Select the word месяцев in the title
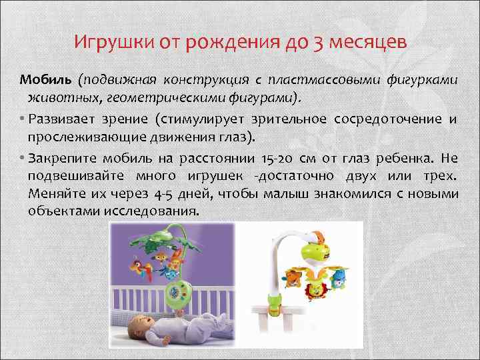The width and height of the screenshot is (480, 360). click(369, 44)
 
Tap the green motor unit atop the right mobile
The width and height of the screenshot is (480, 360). click(314, 247)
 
